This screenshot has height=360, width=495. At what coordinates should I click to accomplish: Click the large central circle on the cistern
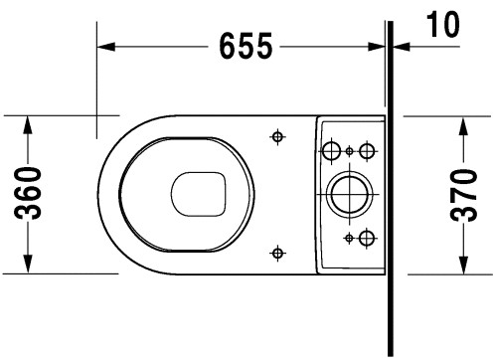coord(349,192)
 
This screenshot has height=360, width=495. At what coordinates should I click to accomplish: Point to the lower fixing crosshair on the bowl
coord(277,252)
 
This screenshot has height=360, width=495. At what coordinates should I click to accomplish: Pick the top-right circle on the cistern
coord(367,150)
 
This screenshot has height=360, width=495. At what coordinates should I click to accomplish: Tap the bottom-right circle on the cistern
coord(367,237)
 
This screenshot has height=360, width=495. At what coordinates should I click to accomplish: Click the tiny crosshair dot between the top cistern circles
coord(350,150)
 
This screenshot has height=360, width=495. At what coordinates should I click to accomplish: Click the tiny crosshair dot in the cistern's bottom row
coord(349,237)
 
